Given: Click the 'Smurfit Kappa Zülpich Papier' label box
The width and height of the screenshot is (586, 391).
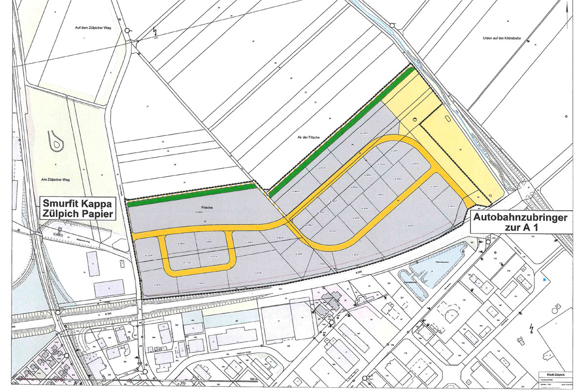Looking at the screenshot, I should coord(78,208).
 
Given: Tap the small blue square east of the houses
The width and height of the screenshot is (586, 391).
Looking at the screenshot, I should coord(544,280).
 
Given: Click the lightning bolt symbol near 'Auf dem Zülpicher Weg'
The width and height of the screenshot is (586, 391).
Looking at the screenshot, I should coord(155,32).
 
